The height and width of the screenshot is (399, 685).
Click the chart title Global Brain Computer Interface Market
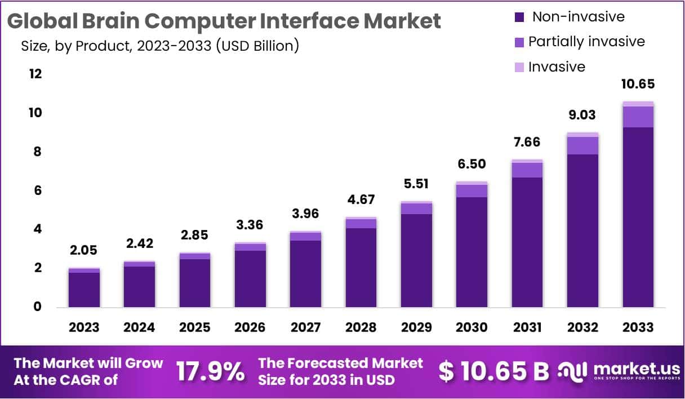[x=224, y=21]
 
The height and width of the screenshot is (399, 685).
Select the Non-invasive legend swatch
[x=519, y=17]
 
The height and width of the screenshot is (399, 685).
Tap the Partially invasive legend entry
[x=586, y=42]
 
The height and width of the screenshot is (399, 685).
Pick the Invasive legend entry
[x=556, y=67]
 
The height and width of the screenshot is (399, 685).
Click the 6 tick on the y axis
[x=37, y=190]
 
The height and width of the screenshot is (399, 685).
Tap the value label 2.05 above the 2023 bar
[x=84, y=250]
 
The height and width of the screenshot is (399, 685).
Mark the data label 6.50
[x=472, y=164]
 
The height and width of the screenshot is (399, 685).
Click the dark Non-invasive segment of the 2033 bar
[x=638, y=217]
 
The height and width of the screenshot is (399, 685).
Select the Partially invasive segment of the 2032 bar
[x=582, y=145]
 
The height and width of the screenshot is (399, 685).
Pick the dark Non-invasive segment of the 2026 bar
[x=250, y=278]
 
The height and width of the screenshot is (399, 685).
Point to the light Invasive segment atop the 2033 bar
[x=638, y=104]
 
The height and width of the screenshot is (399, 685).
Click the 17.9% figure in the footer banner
[x=210, y=371]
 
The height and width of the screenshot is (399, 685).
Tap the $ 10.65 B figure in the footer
[x=493, y=371]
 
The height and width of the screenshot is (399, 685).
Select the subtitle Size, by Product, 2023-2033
[x=159, y=46]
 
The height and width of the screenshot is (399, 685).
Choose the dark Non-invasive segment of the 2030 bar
[x=472, y=252]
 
